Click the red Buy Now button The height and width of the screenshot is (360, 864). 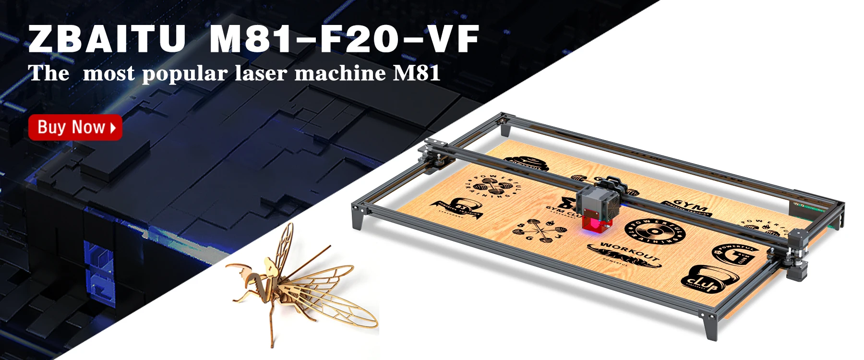75,127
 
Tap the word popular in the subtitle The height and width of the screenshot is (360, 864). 184,73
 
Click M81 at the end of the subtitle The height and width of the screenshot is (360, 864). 416,73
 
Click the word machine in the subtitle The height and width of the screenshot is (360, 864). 340,73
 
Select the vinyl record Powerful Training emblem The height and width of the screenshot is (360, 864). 655,232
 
